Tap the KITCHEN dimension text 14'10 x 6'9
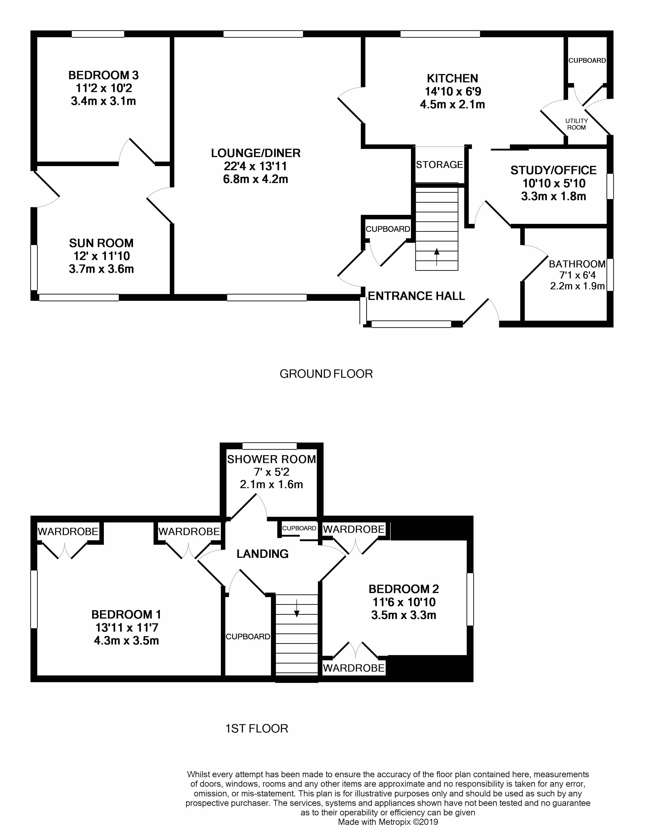(x=453, y=92)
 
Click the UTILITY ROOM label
(x=576, y=124)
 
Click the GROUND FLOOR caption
(x=326, y=374)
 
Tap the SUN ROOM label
(x=101, y=243)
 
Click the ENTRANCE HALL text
(x=416, y=296)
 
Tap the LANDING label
(x=262, y=554)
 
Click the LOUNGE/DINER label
(x=256, y=153)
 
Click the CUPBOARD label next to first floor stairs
(x=248, y=637)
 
